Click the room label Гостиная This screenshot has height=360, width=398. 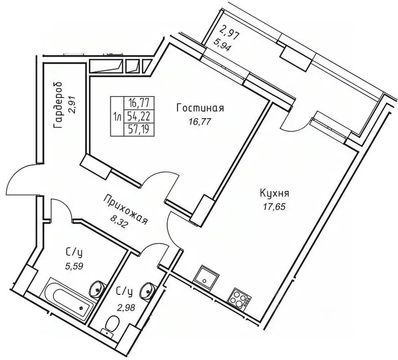point(200,108)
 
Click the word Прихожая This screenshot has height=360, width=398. point(127,209)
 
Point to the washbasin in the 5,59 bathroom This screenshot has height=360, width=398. point(98,287)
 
